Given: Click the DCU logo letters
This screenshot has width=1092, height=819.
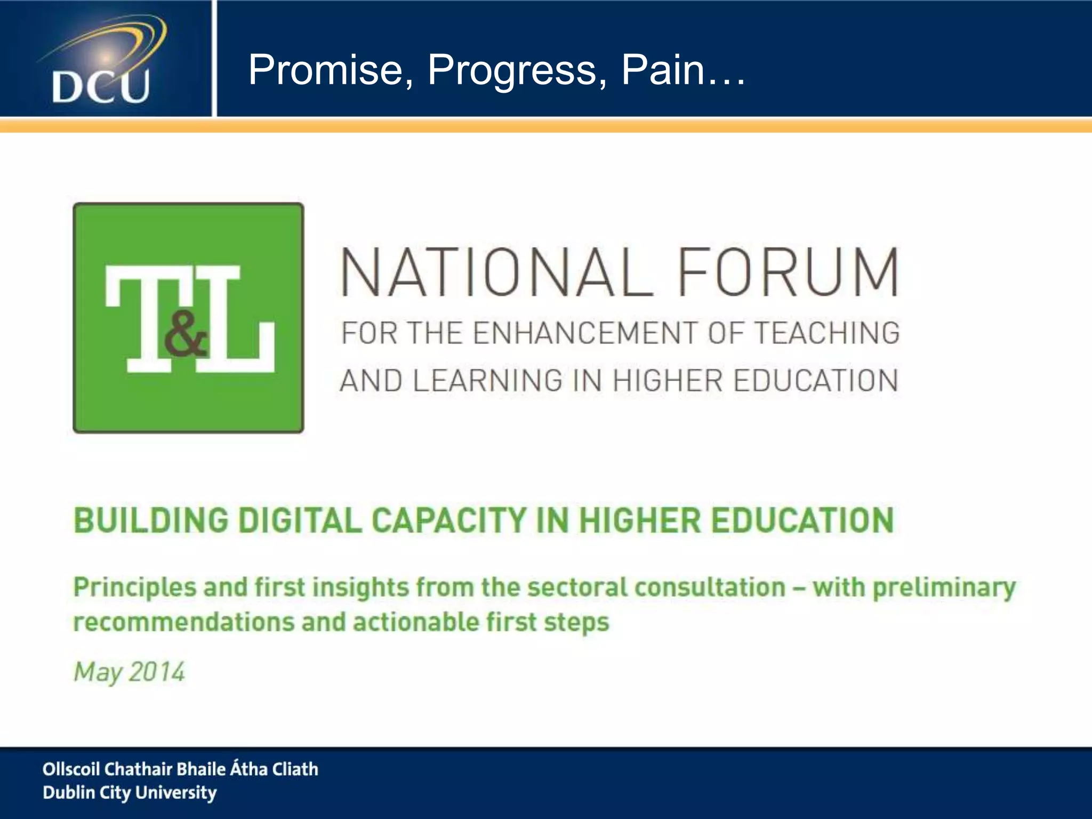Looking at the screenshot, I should pyautogui.click(x=100, y=86).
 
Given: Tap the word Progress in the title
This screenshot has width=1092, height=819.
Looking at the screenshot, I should pyautogui.click(x=517, y=70).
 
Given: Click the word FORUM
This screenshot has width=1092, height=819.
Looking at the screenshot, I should pyautogui.click(x=788, y=272).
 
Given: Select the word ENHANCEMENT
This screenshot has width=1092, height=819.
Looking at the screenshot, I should pyautogui.click(x=585, y=333).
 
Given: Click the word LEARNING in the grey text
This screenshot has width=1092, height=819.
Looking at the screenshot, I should pyautogui.click(x=487, y=381).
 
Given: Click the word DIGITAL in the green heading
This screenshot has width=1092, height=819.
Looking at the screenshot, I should pyautogui.click(x=300, y=520).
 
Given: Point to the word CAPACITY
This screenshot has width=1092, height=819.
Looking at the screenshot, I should pyautogui.click(x=448, y=520).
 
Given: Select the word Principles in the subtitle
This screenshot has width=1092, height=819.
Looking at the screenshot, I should pyautogui.click(x=134, y=588).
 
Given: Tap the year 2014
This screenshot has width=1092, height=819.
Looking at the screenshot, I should pyautogui.click(x=157, y=672).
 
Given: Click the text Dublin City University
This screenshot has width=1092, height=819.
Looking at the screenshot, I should pyautogui.click(x=130, y=793).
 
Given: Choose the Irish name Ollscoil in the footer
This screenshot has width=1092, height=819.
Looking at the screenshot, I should pyautogui.click(x=70, y=769).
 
